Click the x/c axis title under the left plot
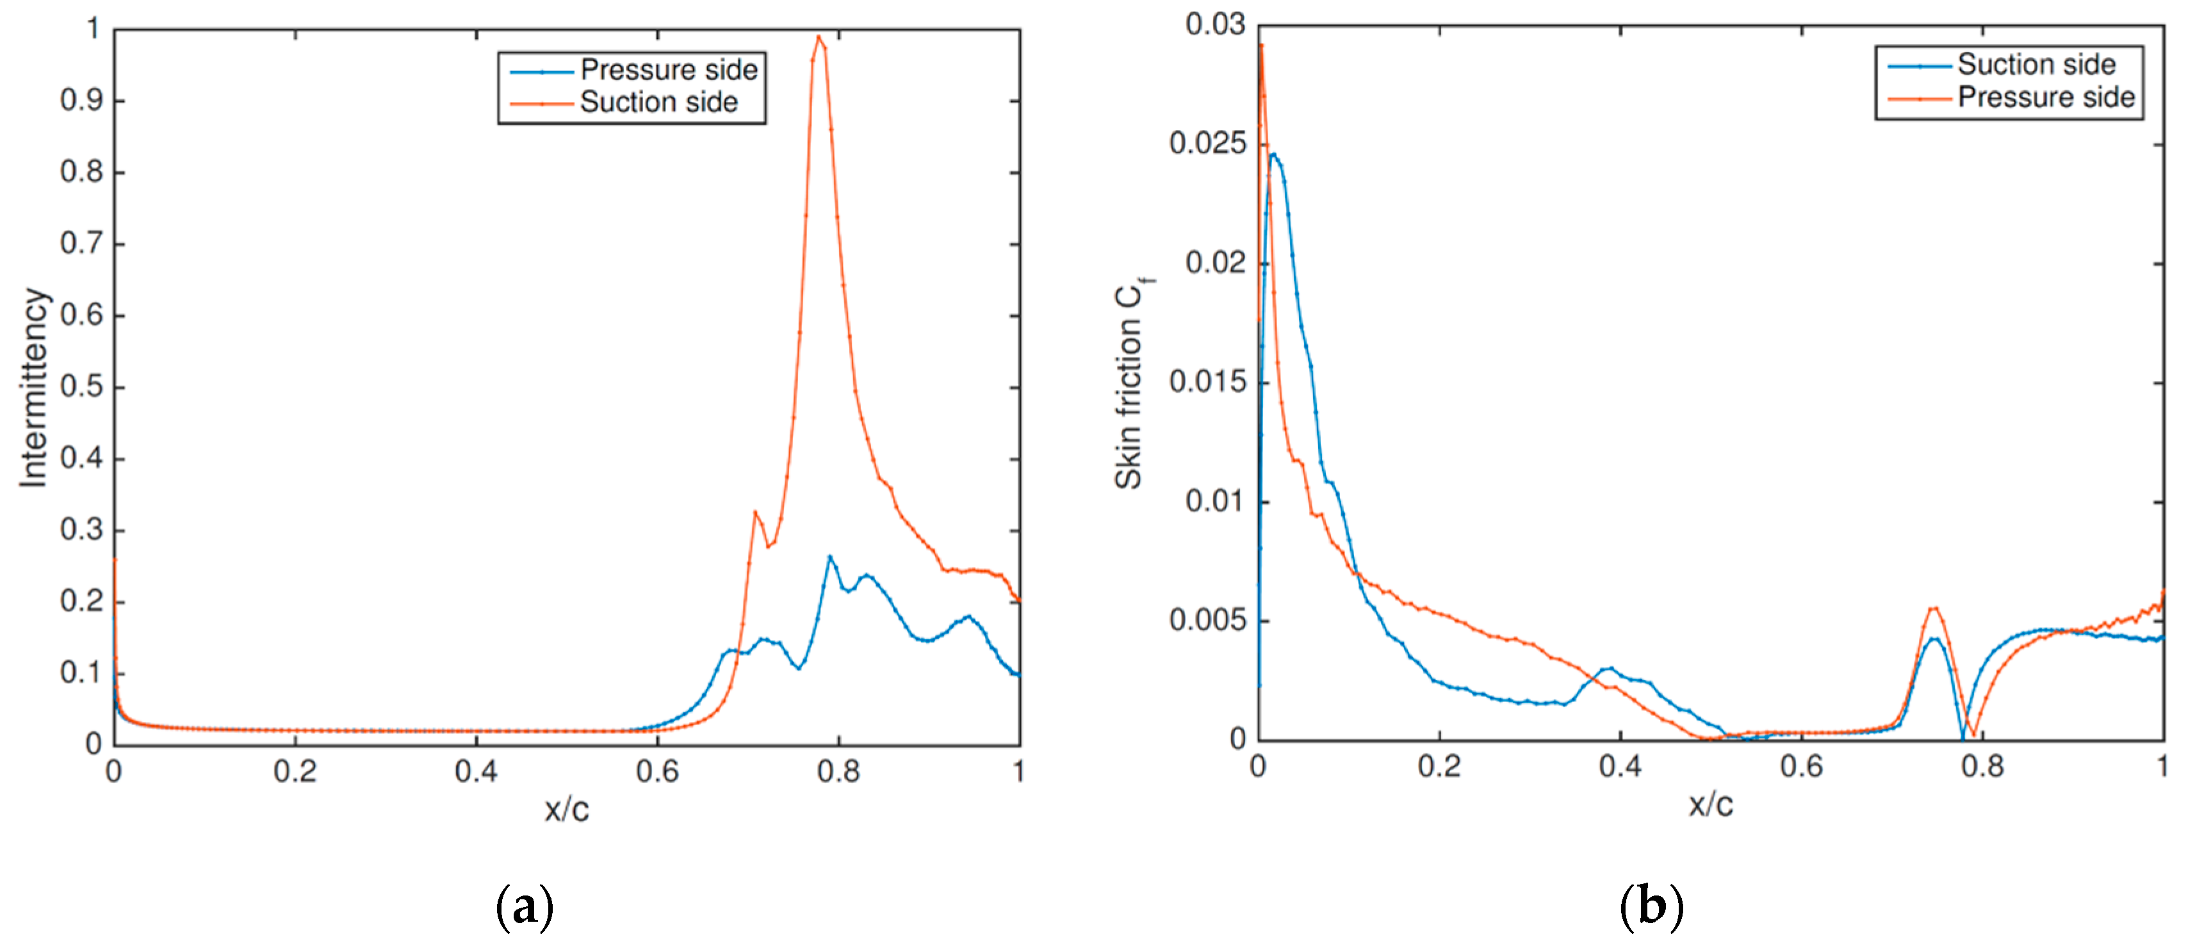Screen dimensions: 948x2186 [x=566, y=809]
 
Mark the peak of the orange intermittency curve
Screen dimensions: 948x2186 [x=820, y=37]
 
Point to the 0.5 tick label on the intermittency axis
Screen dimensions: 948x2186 [x=81, y=387]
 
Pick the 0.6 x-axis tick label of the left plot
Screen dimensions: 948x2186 [x=658, y=771]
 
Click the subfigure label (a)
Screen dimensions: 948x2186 [x=525, y=907]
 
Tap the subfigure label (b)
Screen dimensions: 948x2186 [x=1651, y=907]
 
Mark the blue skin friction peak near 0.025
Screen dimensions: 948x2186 [x=1273, y=154]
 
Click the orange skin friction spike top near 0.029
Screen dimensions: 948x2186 [x=1262, y=44]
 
